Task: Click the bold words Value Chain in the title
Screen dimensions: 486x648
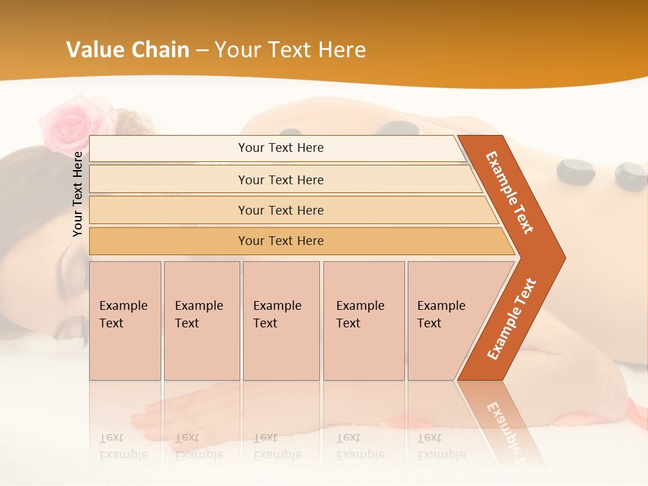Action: pos(128,50)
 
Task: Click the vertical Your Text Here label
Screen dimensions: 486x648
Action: pos(78,194)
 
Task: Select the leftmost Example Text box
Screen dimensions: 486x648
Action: pos(125,321)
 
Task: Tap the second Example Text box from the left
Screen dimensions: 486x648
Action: pos(201,321)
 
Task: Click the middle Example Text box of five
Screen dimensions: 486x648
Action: pos(281,321)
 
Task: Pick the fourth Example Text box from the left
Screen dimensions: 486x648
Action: pos(364,321)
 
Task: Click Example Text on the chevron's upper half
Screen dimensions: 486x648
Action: pos(510,192)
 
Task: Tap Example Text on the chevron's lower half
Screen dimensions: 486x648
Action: pos(511,319)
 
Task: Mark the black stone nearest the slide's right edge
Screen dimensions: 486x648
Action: pos(631,176)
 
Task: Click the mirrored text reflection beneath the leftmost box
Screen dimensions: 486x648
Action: pos(124,446)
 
